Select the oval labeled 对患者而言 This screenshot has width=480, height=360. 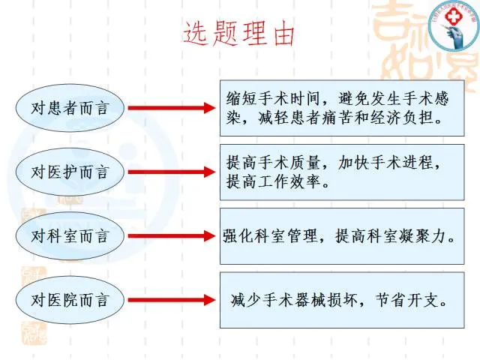[70, 107]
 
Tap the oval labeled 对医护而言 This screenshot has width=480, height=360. [70, 172]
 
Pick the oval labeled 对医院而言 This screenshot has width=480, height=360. [70, 301]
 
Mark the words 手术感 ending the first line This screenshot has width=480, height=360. [432, 97]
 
